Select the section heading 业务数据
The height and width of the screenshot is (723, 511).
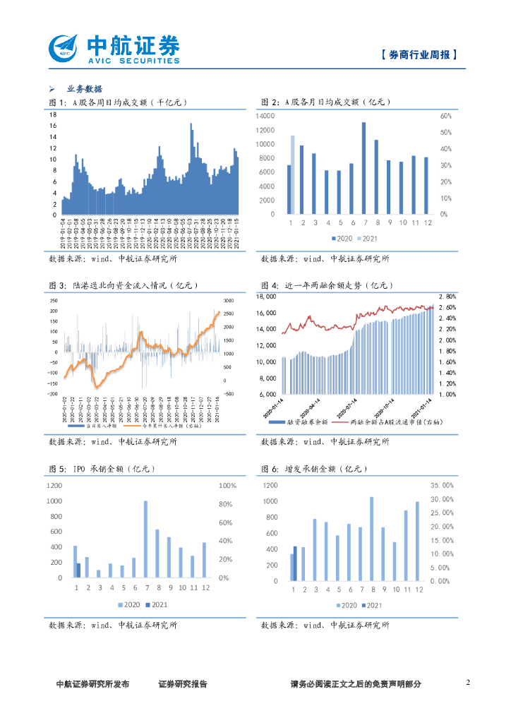84,89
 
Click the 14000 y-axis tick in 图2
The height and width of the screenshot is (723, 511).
265,115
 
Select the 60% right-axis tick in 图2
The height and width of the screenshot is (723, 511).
445,115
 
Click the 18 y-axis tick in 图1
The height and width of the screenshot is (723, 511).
53,114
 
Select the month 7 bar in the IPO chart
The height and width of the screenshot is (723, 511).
146,539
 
